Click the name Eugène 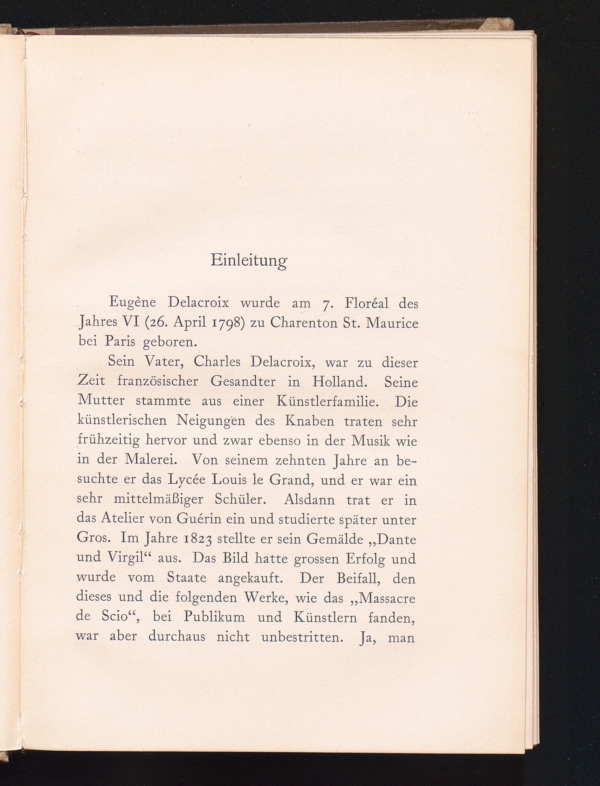[132, 303]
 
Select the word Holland [340, 382]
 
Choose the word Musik [370, 441]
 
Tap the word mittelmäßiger [159, 499]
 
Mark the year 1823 [197, 539]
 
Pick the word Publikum [214, 617]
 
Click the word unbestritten [302, 637]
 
